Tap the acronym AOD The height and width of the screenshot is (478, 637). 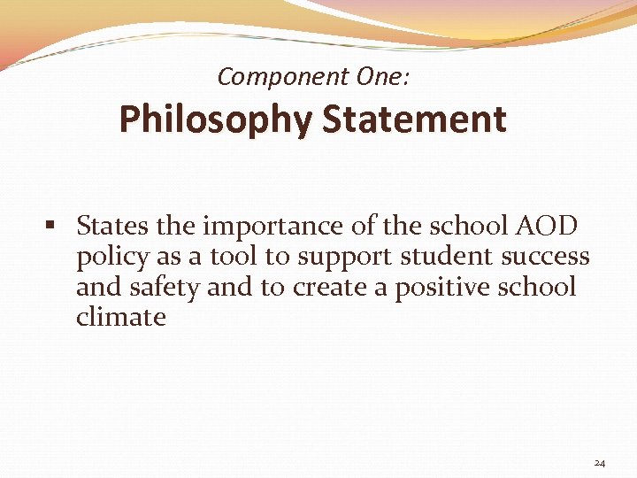[x=547, y=227]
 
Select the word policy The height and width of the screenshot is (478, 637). [x=109, y=258]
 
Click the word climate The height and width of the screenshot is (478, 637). [x=120, y=317]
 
